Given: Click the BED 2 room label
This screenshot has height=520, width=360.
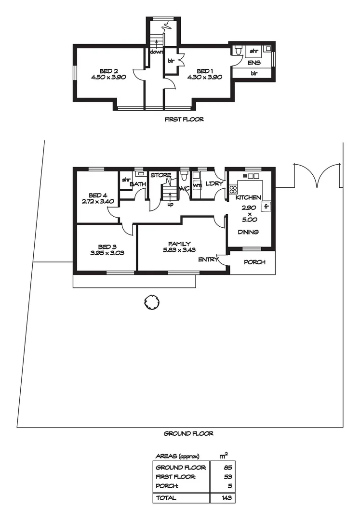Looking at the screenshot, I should click(x=108, y=70).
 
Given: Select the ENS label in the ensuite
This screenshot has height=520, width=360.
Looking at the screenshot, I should click(x=253, y=63).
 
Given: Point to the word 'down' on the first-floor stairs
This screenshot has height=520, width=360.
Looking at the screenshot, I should click(x=156, y=52).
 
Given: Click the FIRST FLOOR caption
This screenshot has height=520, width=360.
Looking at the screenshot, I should click(x=184, y=119).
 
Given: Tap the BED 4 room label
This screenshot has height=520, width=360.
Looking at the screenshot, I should click(x=98, y=195).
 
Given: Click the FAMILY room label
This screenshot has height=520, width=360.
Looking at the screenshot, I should click(x=179, y=244).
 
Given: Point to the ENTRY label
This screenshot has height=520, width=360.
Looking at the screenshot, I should click(x=208, y=260).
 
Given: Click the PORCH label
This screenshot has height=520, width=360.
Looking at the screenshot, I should click(x=253, y=262).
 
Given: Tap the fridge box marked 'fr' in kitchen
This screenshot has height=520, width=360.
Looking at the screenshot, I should click(x=266, y=206).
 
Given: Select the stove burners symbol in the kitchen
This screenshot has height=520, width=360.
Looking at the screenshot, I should click(x=233, y=189).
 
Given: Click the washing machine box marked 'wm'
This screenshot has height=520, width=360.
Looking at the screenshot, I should click(x=197, y=184).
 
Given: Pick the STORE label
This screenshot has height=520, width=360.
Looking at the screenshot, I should click(x=160, y=175).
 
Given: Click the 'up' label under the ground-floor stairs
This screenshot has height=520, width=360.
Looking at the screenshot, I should click(x=170, y=204).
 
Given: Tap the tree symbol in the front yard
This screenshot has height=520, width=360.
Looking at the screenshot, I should click(x=151, y=302).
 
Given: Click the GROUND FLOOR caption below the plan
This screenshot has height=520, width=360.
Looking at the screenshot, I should click(x=188, y=433).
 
